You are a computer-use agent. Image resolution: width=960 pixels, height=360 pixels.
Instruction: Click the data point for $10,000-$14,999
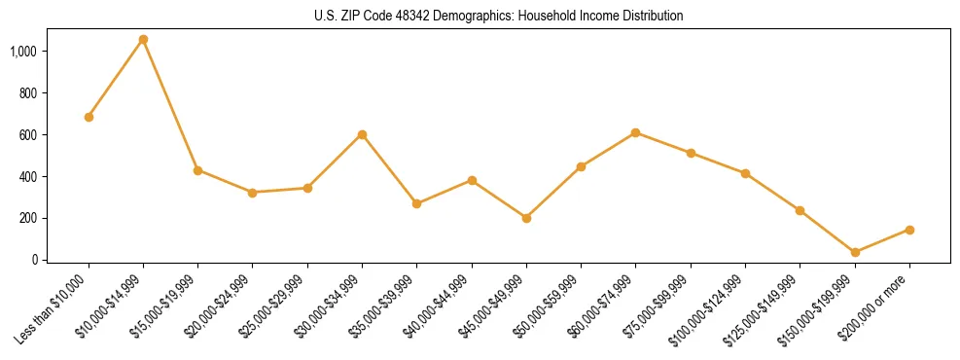coord(143,40)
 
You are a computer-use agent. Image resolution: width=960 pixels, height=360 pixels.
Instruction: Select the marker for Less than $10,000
coord(89,117)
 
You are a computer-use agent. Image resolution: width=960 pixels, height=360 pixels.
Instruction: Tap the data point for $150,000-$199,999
coord(855,253)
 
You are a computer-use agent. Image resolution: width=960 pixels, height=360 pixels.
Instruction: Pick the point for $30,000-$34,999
coord(362,134)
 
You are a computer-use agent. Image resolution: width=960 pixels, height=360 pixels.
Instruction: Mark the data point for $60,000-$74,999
coord(635,132)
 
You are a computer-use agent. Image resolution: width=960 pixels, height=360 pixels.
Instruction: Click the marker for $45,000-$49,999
coord(526,218)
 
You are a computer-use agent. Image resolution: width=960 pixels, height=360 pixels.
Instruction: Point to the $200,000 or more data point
coord(909,230)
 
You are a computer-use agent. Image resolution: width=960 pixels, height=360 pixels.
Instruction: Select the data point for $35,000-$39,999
coord(416,203)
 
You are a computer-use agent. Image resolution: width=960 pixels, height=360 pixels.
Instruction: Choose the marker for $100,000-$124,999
coord(745,173)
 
